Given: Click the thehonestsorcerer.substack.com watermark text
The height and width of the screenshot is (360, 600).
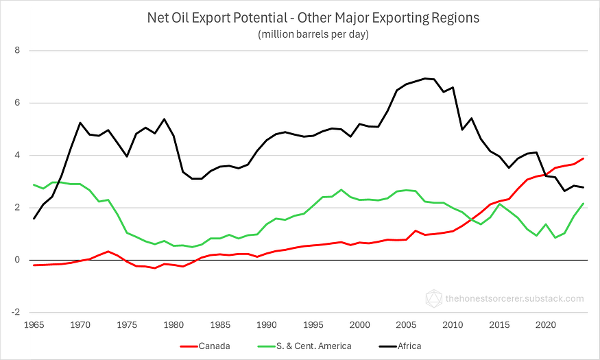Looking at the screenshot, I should coord(514,298).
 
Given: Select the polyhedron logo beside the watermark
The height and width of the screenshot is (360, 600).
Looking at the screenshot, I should coord(433,298).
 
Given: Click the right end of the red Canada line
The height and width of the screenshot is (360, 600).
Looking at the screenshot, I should coord(583,158).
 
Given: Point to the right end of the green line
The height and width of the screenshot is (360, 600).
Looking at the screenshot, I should coord(583,204).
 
